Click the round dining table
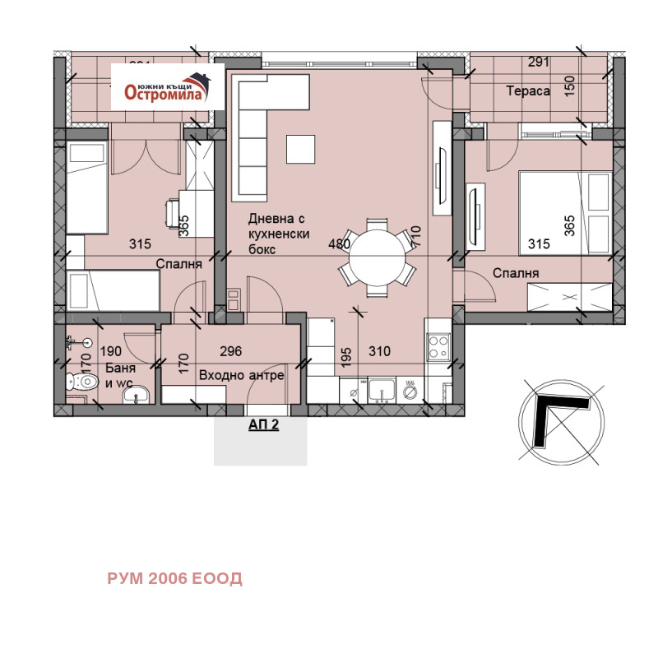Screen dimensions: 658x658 378,257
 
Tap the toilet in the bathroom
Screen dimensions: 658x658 82,382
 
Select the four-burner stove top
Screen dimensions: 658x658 438,346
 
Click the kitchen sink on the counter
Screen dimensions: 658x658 382,390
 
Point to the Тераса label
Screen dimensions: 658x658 528,90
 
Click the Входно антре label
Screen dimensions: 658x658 241,375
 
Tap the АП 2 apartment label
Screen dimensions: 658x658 263,424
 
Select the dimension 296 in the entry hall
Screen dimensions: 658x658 231,351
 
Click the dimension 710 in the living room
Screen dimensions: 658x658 415,237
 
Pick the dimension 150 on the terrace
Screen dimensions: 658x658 569,86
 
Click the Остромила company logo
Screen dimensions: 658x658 168,87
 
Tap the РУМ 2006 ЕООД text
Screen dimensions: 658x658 174,578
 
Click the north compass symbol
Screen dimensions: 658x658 562,422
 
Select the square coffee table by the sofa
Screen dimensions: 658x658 300,149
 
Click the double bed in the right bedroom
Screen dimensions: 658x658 565,213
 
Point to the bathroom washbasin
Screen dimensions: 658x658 136,395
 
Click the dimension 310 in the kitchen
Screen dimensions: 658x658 379,351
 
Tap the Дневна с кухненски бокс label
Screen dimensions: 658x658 279,234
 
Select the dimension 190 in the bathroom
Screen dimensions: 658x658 111,351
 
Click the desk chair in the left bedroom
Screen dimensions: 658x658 173,214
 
